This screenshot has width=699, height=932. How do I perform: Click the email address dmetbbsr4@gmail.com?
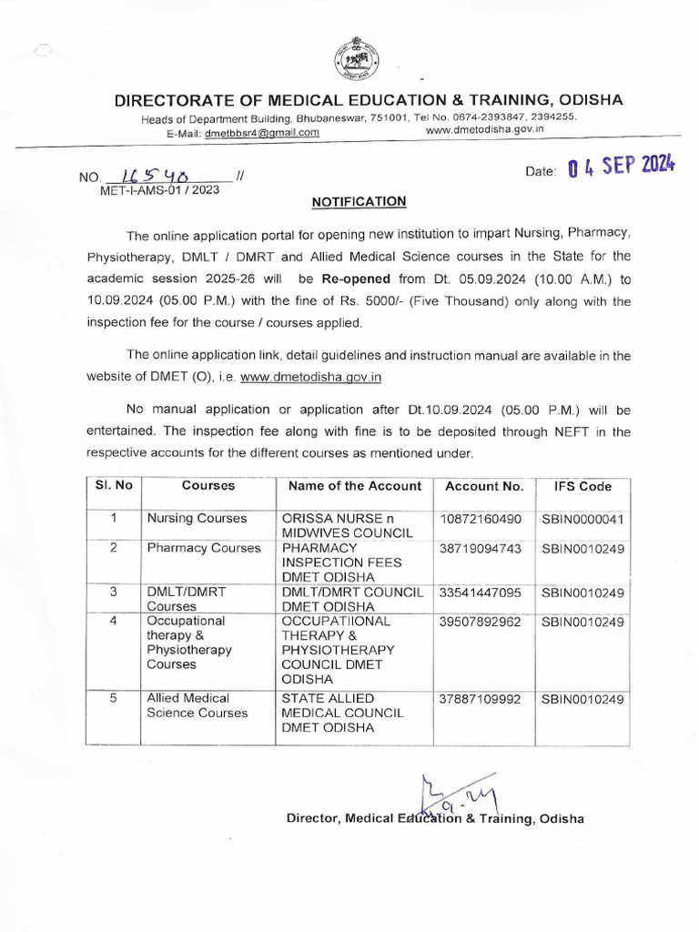tap(261, 132)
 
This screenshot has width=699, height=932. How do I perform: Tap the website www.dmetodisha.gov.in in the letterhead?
tap(484, 130)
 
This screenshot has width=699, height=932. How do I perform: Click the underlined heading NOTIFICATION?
tap(360, 201)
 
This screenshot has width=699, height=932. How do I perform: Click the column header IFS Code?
tap(576, 486)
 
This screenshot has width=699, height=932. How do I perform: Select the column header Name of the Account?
tap(355, 486)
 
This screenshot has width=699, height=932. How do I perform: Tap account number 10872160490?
tap(481, 519)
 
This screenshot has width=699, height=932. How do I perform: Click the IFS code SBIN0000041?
tap(582, 519)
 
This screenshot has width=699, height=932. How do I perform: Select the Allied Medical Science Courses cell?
tap(197, 705)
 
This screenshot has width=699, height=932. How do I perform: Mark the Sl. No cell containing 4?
tap(114, 622)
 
